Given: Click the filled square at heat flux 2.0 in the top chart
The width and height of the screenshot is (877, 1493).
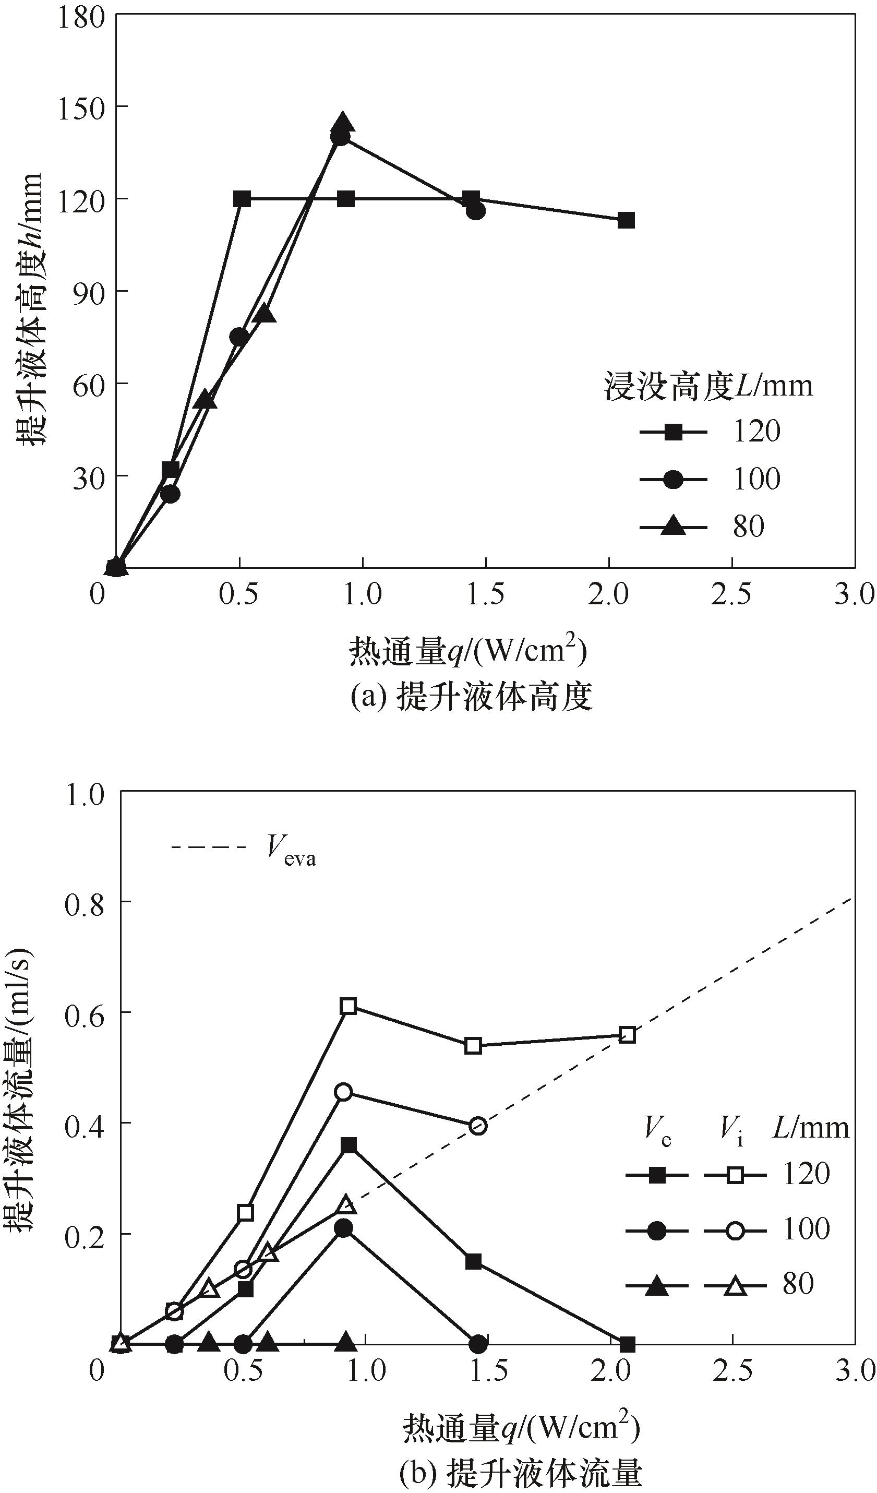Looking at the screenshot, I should pos(626,220).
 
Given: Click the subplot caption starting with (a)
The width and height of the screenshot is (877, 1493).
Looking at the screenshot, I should pos(471,697).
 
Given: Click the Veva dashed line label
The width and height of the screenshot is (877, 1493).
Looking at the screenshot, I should pos(290,853).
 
